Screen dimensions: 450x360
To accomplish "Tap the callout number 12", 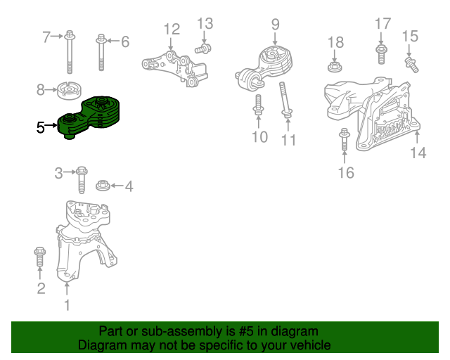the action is [x=172, y=30].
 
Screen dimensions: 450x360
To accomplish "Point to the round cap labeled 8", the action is [x=70, y=91].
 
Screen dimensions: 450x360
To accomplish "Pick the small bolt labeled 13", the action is [x=203, y=49].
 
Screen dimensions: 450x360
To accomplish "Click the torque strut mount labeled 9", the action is [x=265, y=68].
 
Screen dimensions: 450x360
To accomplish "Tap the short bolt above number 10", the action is [x=258, y=105].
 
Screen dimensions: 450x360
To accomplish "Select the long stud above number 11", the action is [x=285, y=99].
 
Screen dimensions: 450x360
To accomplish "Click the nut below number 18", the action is [x=335, y=67].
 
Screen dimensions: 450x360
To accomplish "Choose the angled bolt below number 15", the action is [x=412, y=65].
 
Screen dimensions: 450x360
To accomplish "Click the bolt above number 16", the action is [x=345, y=139].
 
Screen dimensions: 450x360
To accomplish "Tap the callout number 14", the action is [x=418, y=153].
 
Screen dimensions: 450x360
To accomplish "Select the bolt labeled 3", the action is [x=82, y=180].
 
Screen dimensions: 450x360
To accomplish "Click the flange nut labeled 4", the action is [x=103, y=185].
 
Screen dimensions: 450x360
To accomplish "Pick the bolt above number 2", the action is [x=39, y=257].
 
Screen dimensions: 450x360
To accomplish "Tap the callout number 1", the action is [x=67, y=305].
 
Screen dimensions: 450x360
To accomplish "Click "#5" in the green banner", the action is [x=245, y=331].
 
